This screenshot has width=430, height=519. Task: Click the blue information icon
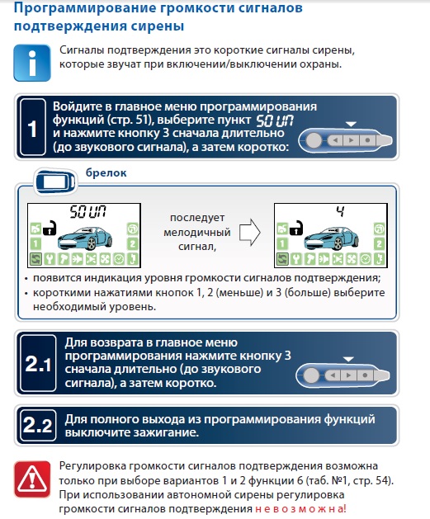coord(32,63)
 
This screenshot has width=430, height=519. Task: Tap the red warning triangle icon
coord(32,479)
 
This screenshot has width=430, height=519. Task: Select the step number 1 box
coord(33,127)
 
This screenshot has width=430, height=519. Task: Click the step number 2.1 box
coord(38,363)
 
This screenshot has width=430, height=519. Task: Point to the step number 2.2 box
coord(38,425)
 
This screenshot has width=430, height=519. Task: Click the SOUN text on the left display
coord(87,212)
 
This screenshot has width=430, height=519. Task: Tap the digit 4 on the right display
coord(340,211)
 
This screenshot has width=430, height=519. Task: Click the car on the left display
coord(85,238)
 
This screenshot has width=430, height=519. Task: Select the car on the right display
coord(331,238)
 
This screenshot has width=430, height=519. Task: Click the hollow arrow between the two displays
coord(250,232)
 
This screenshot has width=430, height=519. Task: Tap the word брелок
coord(106,172)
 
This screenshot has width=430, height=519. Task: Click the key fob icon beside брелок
coord(55,182)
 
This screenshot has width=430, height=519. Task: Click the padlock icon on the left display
coord(50,228)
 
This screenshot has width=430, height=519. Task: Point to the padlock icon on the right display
coord(296,228)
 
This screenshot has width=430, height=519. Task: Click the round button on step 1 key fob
coord(314,140)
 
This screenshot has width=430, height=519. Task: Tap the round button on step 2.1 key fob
coord(311,375)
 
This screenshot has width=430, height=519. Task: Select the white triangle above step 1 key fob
coord(351,124)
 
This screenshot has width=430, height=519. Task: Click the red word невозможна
coord(300,508)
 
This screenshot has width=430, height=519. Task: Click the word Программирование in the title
coord(84,8)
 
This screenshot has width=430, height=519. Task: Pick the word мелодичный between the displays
coord(197,232)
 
